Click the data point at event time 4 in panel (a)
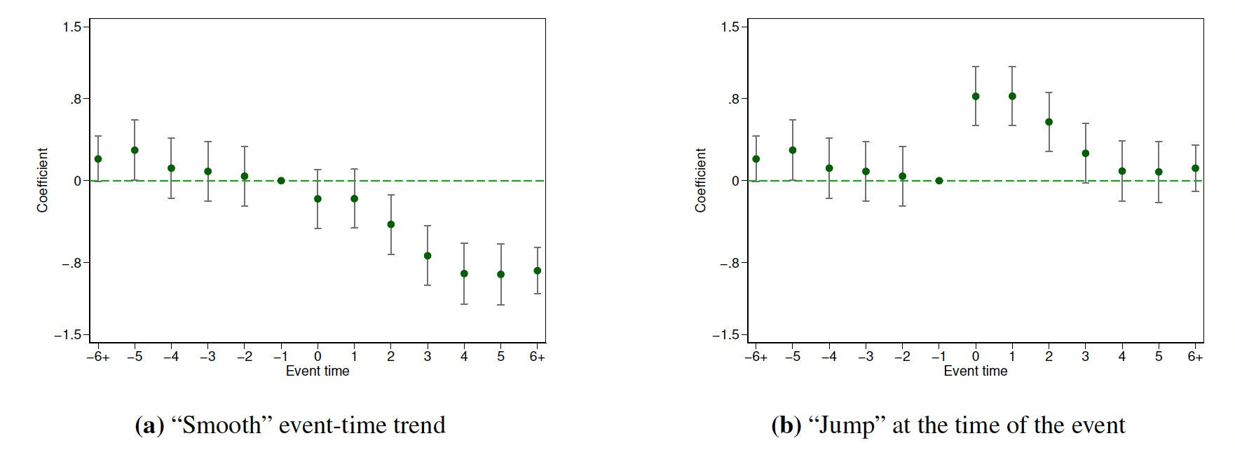[464, 273]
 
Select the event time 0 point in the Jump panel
[976, 97]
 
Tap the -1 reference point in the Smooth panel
[281, 181]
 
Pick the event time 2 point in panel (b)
[1049, 122]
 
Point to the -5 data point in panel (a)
[135, 150]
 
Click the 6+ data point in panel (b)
[1195, 168]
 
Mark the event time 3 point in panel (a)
[428, 256]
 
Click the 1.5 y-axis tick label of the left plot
[72, 27]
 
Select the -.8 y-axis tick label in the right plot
[730, 264]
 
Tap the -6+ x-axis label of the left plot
[98, 357]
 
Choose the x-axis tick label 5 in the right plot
[1159, 357]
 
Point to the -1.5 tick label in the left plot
[68, 335]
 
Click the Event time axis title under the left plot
[318, 371]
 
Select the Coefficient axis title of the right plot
[700, 180]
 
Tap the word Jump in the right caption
[847, 425]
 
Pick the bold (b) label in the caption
[786, 425]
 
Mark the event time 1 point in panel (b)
[1012, 97]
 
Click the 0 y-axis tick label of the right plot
[735, 181]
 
